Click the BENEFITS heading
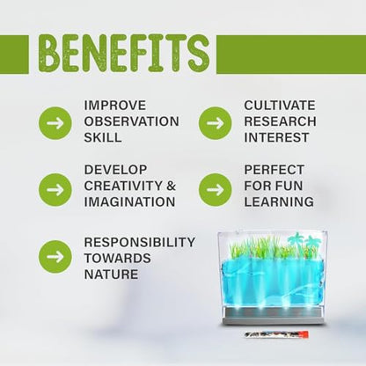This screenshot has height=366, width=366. [x=124, y=54]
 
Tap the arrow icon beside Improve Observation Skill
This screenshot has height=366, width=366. [x=55, y=123]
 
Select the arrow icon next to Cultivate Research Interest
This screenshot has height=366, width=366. [x=216, y=123]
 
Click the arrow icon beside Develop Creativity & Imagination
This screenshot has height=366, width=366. [x=55, y=190]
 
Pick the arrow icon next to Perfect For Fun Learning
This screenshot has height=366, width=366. [x=216, y=190]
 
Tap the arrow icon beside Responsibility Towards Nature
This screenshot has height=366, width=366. [x=55, y=257]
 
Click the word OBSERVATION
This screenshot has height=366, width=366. [x=132, y=121]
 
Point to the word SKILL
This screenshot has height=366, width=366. [x=103, y=137]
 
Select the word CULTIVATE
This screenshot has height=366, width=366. [x=280, y=106]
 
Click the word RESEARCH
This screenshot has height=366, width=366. [x=281, y=121]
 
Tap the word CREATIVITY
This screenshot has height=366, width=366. [x=123, y=186]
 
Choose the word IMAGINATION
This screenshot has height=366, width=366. [x=130, y=201]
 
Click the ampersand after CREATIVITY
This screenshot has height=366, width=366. [x=172, y=186]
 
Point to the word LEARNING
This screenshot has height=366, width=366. [x=279, y=201]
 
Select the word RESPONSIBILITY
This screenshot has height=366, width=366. [x=140, y=242]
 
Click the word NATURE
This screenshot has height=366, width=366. [x=111, y=274]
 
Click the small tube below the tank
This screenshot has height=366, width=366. [x=276, y=334]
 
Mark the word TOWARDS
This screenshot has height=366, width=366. [x=118, y=259]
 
